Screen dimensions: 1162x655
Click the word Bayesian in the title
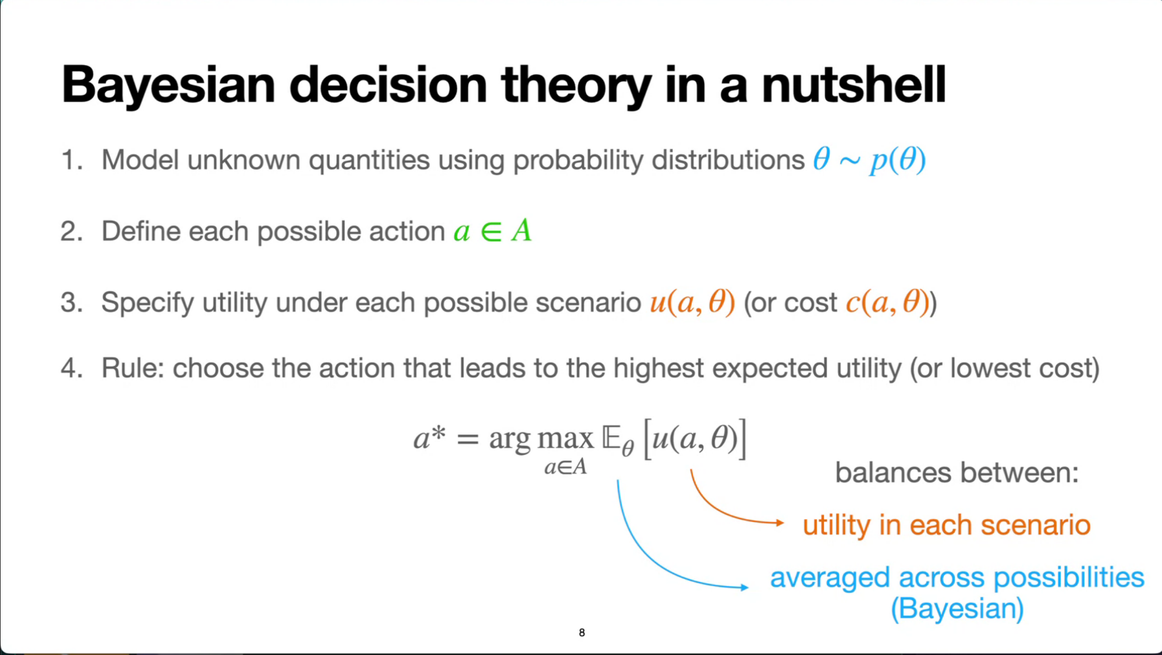(x=169, y=86)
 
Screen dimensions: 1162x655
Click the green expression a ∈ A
(x=492, y=231)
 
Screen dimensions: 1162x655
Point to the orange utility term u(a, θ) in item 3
(x=693, y=303)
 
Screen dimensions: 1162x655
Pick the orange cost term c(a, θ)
(x=888, y=303)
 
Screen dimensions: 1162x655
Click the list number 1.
(x=71, y=160)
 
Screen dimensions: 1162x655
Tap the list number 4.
(x=71, y=368)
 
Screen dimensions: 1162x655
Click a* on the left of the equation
(x=429, y=438)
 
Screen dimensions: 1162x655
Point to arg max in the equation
(x=541, y=439)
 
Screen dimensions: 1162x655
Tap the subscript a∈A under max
(x=566, y=467)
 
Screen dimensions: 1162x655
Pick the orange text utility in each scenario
(x=946, y=525)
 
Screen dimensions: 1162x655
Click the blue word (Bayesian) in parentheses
(x=957, y=608)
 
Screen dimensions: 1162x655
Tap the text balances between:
(x=957, y=472)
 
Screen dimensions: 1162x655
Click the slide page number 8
(x=582, y=632)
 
